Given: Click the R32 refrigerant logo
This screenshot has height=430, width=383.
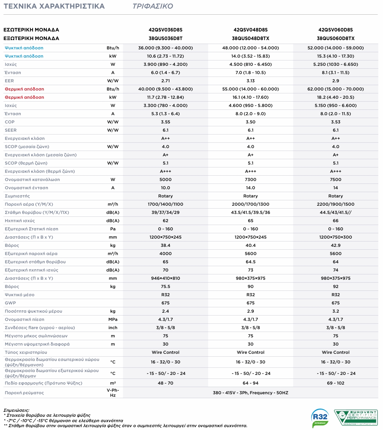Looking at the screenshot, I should [320, 418].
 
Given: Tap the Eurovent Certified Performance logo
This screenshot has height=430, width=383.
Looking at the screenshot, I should [356, 417].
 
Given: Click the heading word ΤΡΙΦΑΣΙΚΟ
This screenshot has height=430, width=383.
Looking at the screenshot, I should [153, 6].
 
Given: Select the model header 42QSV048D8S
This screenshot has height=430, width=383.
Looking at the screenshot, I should [250, 30].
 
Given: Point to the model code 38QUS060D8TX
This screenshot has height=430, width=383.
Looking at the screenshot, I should [335, 38].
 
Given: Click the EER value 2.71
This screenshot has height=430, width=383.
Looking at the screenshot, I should [165, 81].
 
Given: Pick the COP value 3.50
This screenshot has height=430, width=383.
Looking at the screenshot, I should [250, 122].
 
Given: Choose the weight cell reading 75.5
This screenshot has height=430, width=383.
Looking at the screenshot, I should [165, 287].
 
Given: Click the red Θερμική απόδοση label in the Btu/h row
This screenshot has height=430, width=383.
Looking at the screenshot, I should [24, 89].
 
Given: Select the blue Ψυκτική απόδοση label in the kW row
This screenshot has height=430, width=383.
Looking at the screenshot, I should [24, 56].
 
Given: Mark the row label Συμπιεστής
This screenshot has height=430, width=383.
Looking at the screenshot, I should [17, 196].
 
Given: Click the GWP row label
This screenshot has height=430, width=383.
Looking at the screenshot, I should [10, 303].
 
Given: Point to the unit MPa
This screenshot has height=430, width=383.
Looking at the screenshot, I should [113, 319].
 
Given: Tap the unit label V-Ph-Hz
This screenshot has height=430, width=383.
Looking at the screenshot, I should [113, 393].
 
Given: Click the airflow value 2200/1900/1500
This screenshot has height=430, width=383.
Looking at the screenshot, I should [335, 204].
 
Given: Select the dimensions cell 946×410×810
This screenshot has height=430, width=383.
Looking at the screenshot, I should [165, 278].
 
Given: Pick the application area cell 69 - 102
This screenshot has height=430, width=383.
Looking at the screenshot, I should [335, 383].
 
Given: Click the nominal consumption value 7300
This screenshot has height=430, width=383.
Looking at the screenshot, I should [250, 180].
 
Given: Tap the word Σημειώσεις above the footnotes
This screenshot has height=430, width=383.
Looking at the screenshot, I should [16, 410].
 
